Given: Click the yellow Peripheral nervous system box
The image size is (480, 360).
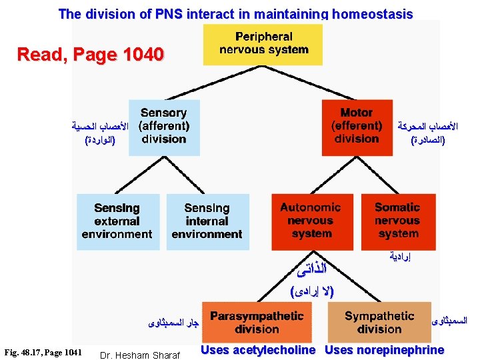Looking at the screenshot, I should [x=263, y=43].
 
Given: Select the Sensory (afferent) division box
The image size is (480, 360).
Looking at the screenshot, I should [x=164, y=127].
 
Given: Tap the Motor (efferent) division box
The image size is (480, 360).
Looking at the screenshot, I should [x=357, y=127].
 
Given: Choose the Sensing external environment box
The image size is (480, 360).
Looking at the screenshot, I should [x=117, y=221].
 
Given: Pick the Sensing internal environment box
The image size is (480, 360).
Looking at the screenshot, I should [x=207, y=221].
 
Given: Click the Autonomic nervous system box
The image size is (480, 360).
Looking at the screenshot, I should [x=311, y=221].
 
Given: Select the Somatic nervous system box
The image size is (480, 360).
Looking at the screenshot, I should [x=397, y=221].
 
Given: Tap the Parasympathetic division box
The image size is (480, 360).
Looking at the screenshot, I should [x=257, y=323].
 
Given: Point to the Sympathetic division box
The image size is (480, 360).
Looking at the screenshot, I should [x=379, y=323].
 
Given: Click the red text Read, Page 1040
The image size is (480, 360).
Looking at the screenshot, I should [x=90, y=54].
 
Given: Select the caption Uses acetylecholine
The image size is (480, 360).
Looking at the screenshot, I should [x=258, y=350].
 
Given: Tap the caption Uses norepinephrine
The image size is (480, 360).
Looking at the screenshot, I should [x=385, y=350].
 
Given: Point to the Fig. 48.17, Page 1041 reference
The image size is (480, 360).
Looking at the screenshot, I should [x=43, y=352].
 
